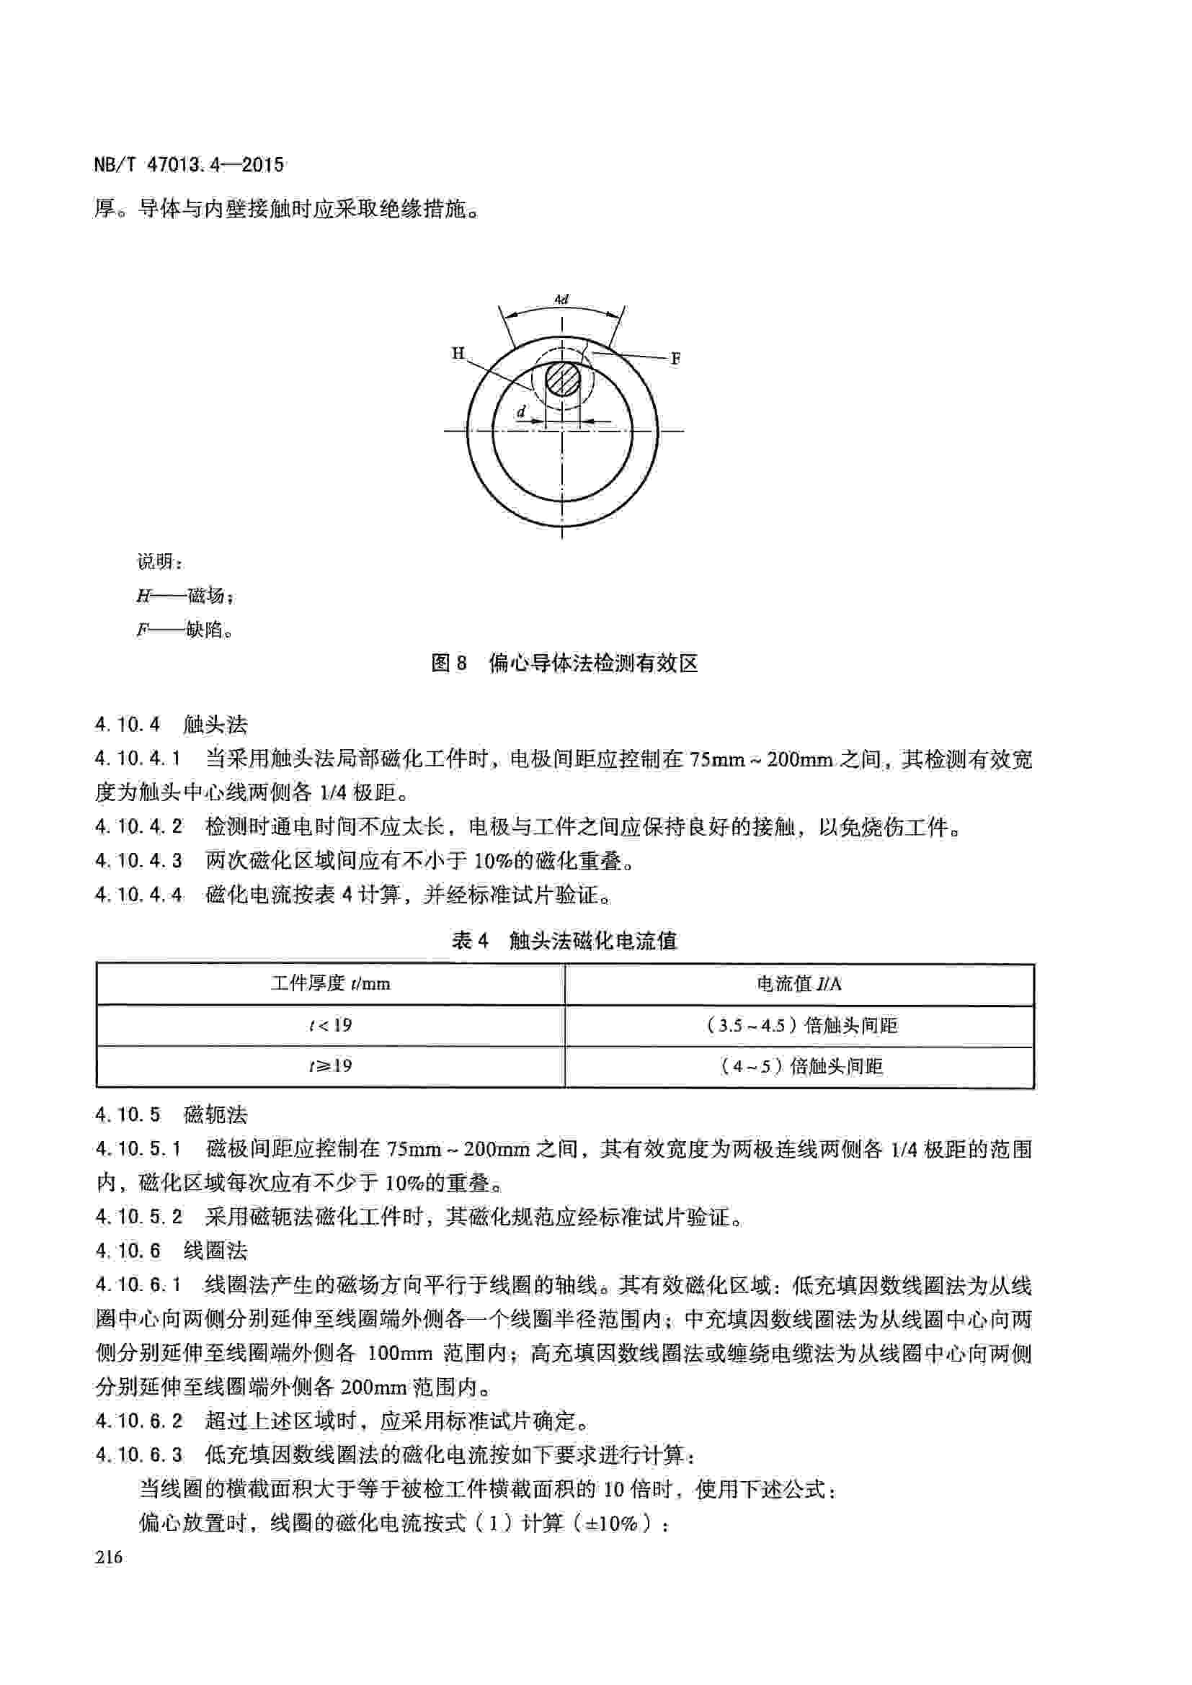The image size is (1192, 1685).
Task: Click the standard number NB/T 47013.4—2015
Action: click(x=189, y=164)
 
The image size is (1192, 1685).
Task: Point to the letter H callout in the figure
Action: click(x=458, y=354)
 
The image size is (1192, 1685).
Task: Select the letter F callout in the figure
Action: click(x=675, y=359)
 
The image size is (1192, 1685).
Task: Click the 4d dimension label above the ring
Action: click(x=561, y=300)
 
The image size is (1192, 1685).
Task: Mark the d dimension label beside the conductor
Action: click(x=521, y=413)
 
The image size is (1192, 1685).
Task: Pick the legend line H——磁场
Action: click(x=185, y=596)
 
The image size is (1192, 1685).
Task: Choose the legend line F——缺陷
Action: click(x=185, y=630)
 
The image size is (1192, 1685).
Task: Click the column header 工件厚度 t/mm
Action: click(x=330, y=983)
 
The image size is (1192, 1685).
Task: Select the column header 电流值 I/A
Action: click(x=799, y=983)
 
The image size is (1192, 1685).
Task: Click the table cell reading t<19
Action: click(x=330, y=1024)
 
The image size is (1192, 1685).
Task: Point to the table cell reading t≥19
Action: click(x=330, y=1065)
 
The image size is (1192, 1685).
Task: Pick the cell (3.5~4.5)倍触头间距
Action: click(x=800, y=1024)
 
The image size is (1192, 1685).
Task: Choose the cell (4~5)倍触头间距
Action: click(x=800, y=1065)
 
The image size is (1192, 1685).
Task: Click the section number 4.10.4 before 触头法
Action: click(x=127, y=725)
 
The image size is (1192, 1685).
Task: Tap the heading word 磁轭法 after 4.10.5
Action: click(x=215, y=1115)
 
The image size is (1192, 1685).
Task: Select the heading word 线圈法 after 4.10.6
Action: click(x=215, y=1251)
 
